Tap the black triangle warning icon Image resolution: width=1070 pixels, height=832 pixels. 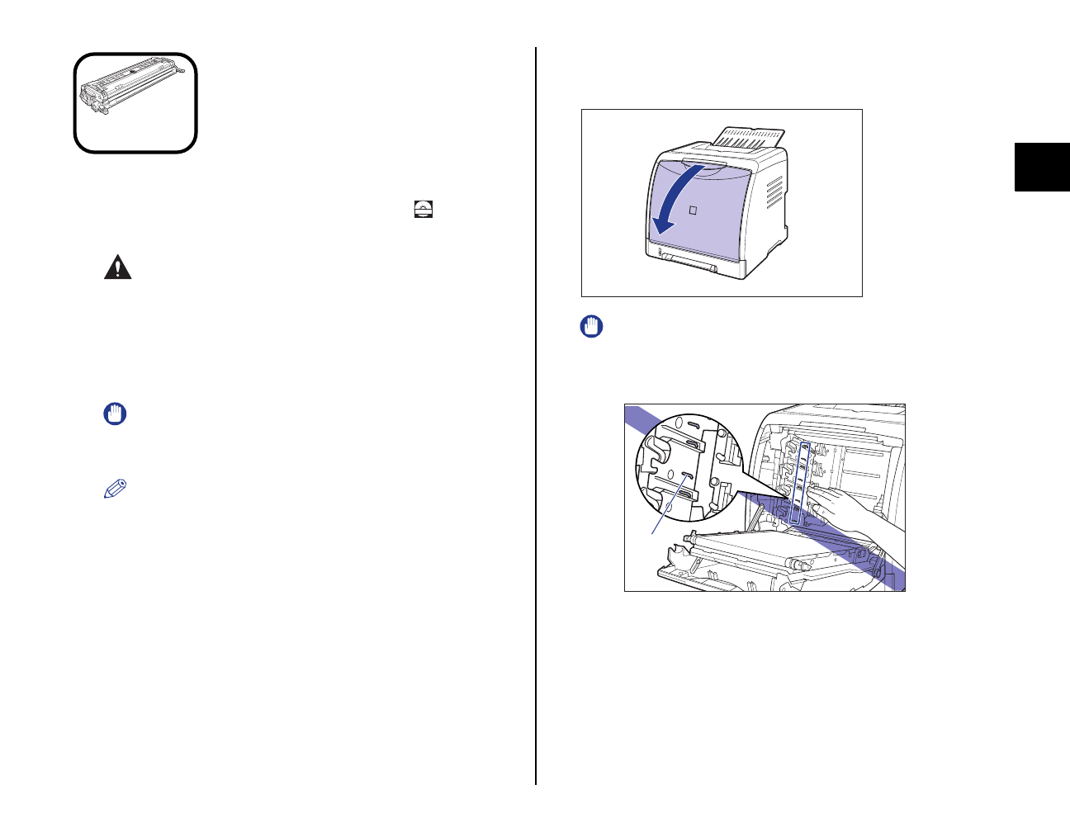(117, 268)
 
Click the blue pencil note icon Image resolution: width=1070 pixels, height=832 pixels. (116, 489)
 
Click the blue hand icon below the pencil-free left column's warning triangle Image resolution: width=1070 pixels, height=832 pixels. (115, 414)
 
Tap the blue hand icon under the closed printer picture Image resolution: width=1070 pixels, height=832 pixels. (591, 327)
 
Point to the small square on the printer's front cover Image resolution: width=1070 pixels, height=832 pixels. (693, 210)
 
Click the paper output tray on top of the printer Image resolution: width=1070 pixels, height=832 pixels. (747, 137)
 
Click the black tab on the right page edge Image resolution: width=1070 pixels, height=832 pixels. (1042, 168)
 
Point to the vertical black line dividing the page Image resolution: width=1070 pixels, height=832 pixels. (536, 413)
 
